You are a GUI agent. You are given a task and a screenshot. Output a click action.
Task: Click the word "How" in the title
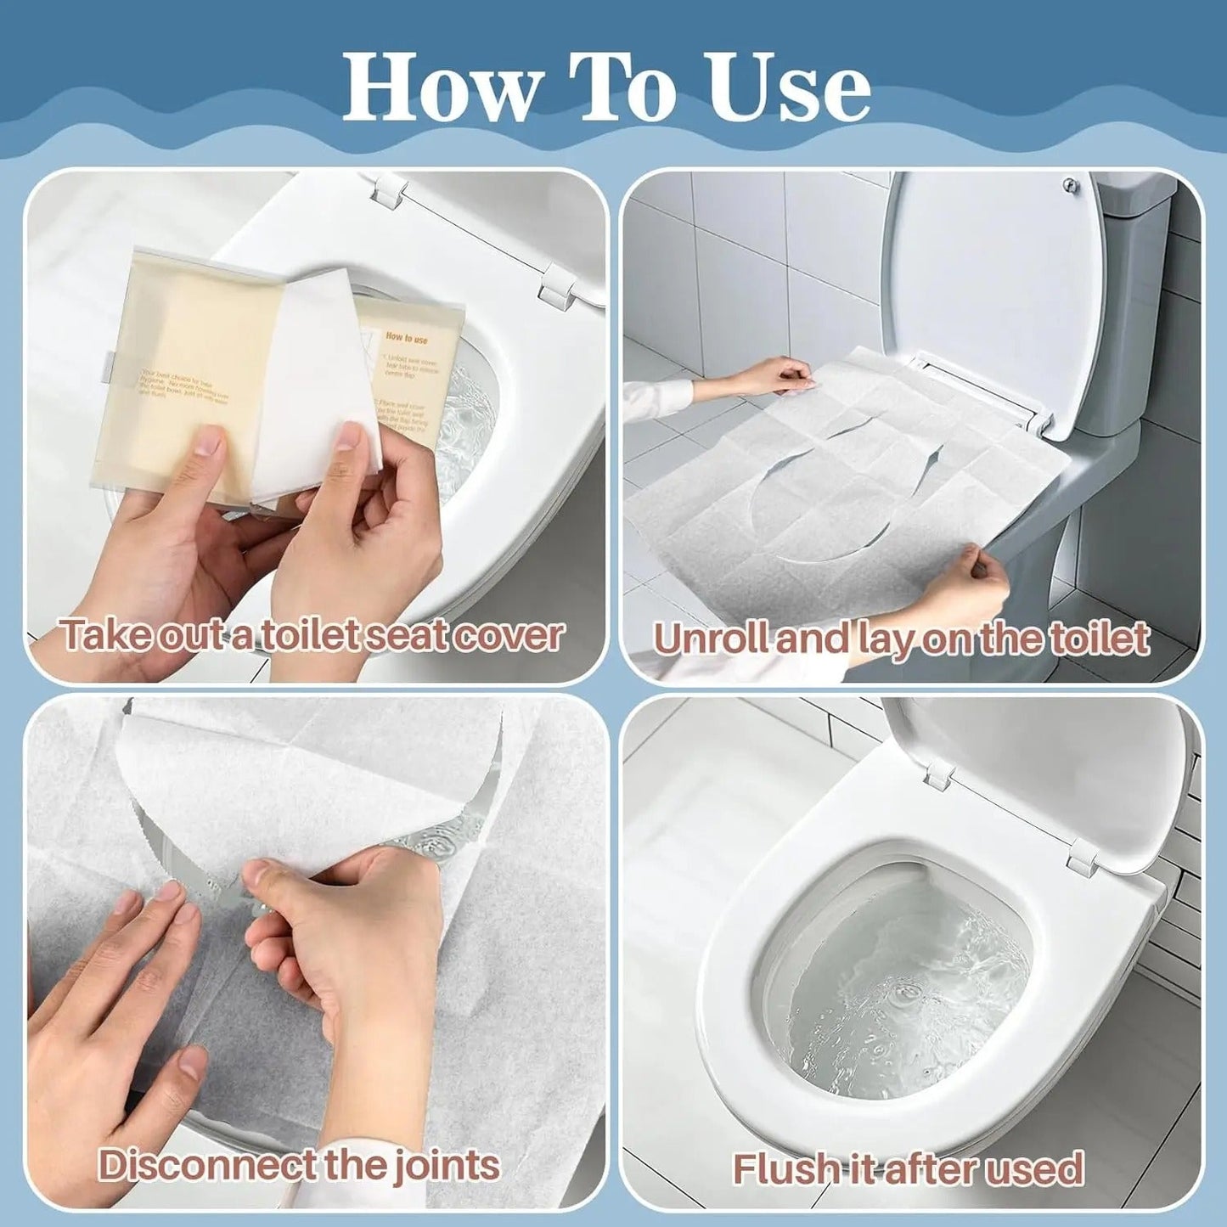click(442, 87)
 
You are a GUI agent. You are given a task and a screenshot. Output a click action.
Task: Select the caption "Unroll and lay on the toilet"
click(901, 639)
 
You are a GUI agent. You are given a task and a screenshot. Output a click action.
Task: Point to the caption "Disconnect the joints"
click(299, 1165)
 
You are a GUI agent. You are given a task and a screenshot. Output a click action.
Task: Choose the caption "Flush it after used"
click(908, 1168)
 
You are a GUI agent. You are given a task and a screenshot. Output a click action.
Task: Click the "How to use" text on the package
click(407, 338)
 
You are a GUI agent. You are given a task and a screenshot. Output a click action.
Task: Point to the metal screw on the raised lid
click(1072, 183)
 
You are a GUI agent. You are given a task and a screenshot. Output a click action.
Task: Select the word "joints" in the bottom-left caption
click(446, 1165)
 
